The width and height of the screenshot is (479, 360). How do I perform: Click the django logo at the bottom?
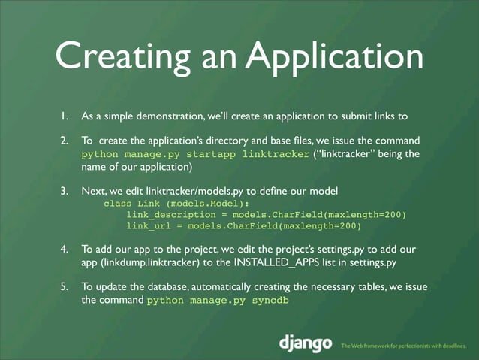point(306,344)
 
